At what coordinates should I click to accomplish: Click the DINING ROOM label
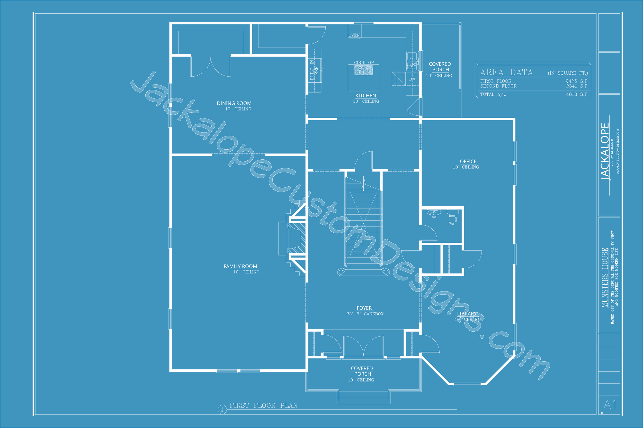pos(234,103)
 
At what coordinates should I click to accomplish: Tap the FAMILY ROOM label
pos(240,266)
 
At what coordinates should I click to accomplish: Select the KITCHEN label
pos(365,96)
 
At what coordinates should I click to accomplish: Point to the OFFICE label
pos(468,161)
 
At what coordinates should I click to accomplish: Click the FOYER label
pos(364,308)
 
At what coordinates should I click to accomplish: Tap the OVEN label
pos(354,35)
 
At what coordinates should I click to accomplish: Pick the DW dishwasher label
pos(412,79)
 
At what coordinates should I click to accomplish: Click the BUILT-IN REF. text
pos(314,70)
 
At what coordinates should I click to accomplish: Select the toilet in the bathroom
pos(453,217)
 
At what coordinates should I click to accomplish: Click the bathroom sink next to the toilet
pos(434,213)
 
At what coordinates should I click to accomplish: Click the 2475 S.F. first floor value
pos(577,81)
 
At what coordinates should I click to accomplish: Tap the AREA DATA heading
pos(506,72)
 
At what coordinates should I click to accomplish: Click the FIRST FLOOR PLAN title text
pos(263,405)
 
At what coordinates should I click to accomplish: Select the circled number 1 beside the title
pos(222,409)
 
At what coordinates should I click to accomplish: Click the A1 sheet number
pos(610,404)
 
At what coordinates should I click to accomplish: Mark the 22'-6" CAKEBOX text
pos(365,314)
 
